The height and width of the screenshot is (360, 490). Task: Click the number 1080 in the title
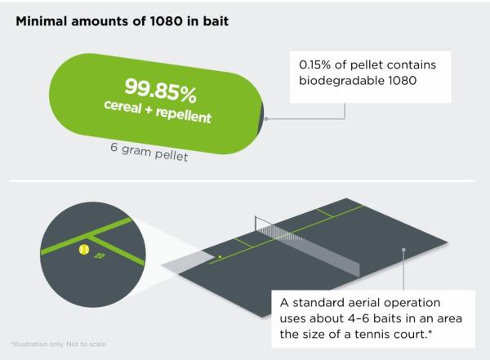tap(166, 21)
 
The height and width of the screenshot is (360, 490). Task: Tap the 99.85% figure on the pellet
tap(161, 91)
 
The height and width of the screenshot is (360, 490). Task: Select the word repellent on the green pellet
tap(184, 115)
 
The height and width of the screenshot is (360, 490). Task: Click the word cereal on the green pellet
tap(122, 107)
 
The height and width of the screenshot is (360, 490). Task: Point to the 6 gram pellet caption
tap(149, 152)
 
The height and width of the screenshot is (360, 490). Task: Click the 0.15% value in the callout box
tap(314, 64)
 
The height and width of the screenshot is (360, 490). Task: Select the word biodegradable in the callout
tap(342, 81)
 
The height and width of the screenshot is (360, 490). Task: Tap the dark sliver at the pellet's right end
tap(261, 118)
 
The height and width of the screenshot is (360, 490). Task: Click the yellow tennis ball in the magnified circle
tap(84, 249)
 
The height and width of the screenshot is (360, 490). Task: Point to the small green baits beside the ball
tap(100, 256)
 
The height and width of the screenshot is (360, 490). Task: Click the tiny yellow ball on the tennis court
tap(220, 257)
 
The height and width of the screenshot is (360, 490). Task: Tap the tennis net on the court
tap(307, 247)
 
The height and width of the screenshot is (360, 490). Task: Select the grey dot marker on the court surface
tap(403, 250)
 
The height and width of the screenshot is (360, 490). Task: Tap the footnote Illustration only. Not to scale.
tap(59, 344)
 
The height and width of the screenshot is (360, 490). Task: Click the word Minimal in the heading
tap(42, 21)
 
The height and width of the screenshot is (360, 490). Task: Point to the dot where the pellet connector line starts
tap(266, 118)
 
